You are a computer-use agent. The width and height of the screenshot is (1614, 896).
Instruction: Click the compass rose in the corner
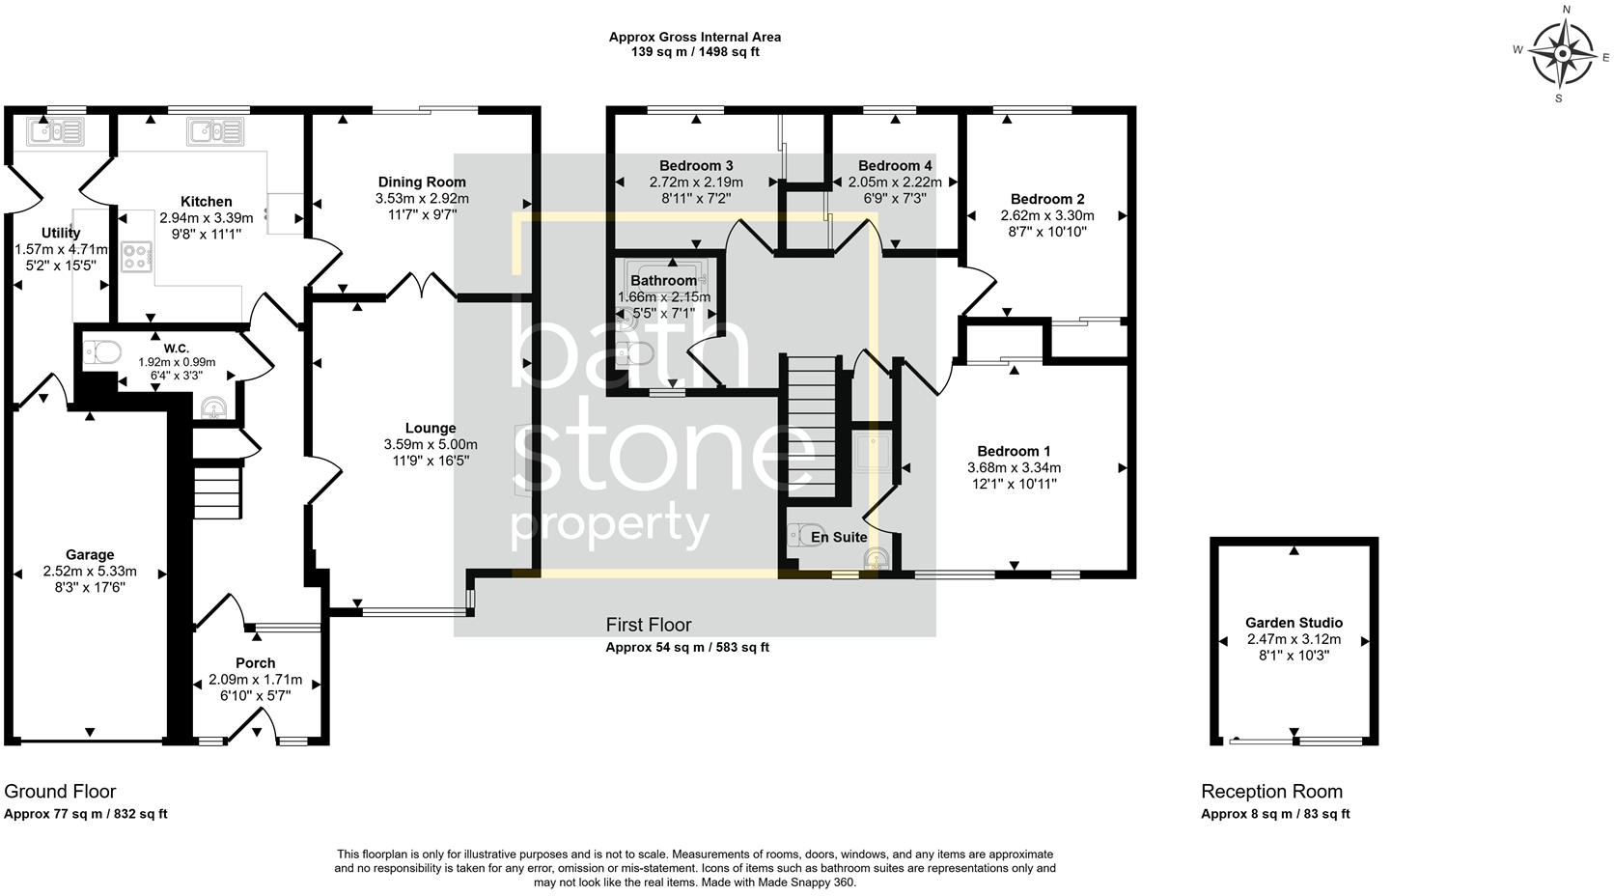pyautogui.click(x=1561, y=55)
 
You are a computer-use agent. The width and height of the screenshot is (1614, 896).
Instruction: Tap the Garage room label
pyautogui.click(x=90, y=555)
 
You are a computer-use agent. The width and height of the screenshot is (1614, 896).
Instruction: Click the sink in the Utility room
pyautogui.click(x=47, y=130)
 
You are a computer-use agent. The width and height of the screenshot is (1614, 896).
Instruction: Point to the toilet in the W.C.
pyautogui.click(x=102, y=352)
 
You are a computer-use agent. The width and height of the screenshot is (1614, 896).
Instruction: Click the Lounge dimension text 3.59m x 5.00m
pyautogui.click(x=431, y=444)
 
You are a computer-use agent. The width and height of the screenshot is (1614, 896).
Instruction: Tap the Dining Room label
pyautogui.click(x=422, y=182)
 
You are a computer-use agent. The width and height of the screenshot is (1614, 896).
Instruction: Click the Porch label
pyautogui.click(x=255, y=663)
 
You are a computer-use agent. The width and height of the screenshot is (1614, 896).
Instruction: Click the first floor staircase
pyautogui.click(x=808, y=426)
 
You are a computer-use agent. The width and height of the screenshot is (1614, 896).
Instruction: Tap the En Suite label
pyautogui.click(x=838, y=537)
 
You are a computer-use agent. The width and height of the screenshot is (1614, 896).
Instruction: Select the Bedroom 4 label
pyautogui.click(x=895, y=165)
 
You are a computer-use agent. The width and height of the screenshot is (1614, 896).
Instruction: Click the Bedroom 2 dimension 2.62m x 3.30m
pyautogui.click(x=1047, y=216)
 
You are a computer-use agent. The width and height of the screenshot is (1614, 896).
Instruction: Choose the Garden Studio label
pyautogui.click(x=1294, y=623)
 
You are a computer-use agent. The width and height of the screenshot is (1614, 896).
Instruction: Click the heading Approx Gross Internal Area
pyautogui.click(x=694, y=37)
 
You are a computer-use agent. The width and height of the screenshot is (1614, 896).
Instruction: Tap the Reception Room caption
pyautogui.click(x=1271, y=792)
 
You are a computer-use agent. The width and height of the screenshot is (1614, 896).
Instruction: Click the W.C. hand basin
pyautogui.click(x=212, y=410)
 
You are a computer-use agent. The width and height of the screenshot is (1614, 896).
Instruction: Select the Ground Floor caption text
pyautogui.click(x=60, y=792)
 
